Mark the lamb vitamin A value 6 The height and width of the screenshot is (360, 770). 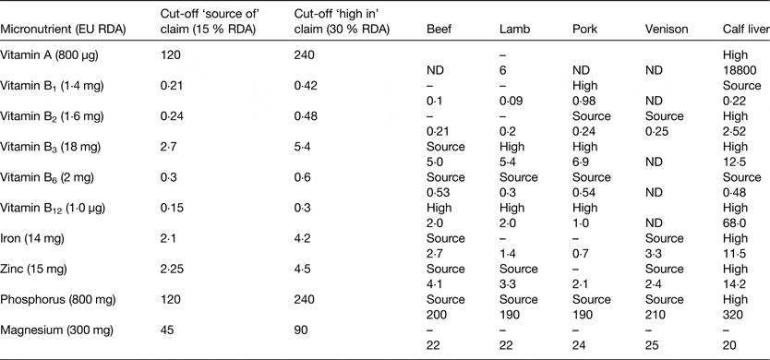[x=502, y=68]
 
